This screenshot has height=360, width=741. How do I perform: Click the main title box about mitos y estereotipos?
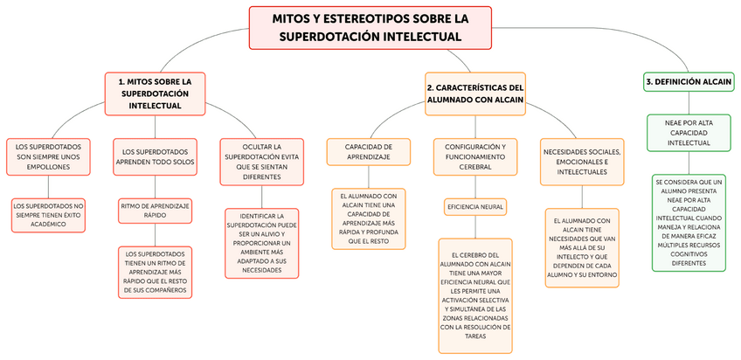pyautogui.click(x=370, y=27)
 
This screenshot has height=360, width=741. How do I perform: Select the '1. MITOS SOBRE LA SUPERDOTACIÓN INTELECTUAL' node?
pyautogui.click(x=155, y=93)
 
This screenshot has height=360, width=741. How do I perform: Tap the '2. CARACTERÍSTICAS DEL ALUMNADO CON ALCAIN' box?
pyautogui.click(x=475, y=93)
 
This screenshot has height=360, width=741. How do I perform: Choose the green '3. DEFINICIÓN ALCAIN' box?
pyautogui.click(x=688, y=81)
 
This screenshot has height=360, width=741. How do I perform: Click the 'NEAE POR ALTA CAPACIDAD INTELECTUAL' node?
pyautogui.click(x=689, y=132)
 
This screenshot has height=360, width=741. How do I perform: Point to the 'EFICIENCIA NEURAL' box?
pyautogui.click(x=475, y=207)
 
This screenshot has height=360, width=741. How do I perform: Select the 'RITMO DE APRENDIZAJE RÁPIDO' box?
pyautogui.click(x=156, y=210)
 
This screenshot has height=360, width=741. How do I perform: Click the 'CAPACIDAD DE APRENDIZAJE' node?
pyautogui.click(x=367, y=151)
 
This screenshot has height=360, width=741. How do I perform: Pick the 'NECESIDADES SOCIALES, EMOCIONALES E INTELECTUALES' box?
pyautogui.click(x=582, y=162)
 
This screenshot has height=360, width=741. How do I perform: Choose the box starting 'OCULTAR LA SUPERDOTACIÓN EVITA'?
pyautogui.click(x=262, y=162)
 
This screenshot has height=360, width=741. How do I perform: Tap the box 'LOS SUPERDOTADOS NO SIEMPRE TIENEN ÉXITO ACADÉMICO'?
pyautogui.click(x=50, y=215)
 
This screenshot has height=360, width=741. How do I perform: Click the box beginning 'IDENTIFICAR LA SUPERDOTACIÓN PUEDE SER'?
pyautogui.click(x=262, y=243)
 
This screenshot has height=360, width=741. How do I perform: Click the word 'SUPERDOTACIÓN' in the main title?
pyautogui.click(x=328, y=38)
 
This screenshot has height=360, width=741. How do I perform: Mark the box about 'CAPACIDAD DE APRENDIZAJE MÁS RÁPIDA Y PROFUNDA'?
pyautogui.click(x=368, y=218)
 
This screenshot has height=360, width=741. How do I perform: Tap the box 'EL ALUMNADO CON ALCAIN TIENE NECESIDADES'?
pyautogui.click(x=583, y=246)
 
